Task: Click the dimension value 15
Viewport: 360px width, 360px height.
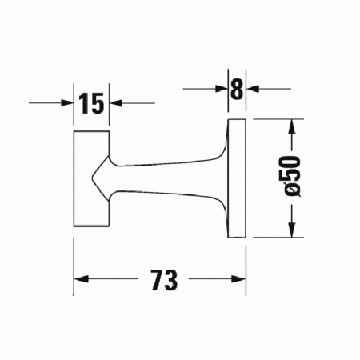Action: pos(91,102)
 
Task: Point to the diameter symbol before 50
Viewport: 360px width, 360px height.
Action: pos(294,189)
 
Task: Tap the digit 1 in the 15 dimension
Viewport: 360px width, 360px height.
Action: pos(83,102)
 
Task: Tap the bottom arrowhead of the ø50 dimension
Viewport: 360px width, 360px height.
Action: pos(294,233)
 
